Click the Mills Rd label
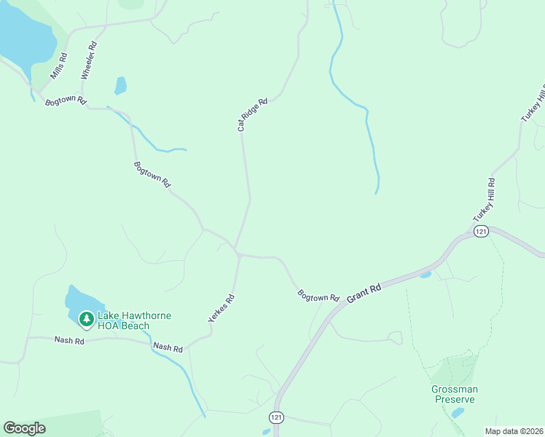[x=59, y=66]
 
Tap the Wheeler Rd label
[x=89, y=60]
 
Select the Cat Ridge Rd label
[x=253, y=114]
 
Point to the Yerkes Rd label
[x=221, y=308]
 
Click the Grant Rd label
[x=364, y=294]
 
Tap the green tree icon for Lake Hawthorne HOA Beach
[x=86, y=319]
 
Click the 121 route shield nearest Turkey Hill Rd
[x=480, y=231]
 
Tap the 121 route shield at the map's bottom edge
[x=275, y=417]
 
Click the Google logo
[x=24, y=428]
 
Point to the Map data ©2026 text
[x=514, y=431]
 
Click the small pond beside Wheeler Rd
[x=120, y=86]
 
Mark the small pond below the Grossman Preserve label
[x=458, y=413]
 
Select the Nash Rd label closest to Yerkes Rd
[x=168, y=348]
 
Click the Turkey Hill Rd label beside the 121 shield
[x=484, y=200]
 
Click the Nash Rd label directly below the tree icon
[x=70, y=340]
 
